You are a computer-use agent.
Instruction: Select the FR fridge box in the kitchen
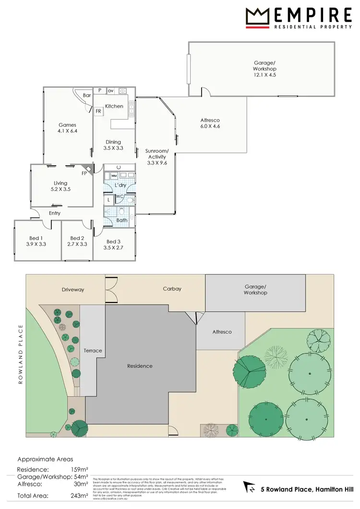(x=98, y=111)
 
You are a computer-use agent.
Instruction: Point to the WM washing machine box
(x=114, y=176)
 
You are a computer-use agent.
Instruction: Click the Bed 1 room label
(x=36, y=241)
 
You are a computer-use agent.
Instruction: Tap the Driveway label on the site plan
(x=73, y=290)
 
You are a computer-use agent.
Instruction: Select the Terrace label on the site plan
(x=93, y=351)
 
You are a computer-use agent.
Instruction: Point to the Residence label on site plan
(x=140, y=366)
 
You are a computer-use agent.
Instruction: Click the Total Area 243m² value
(x=79, y=495)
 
